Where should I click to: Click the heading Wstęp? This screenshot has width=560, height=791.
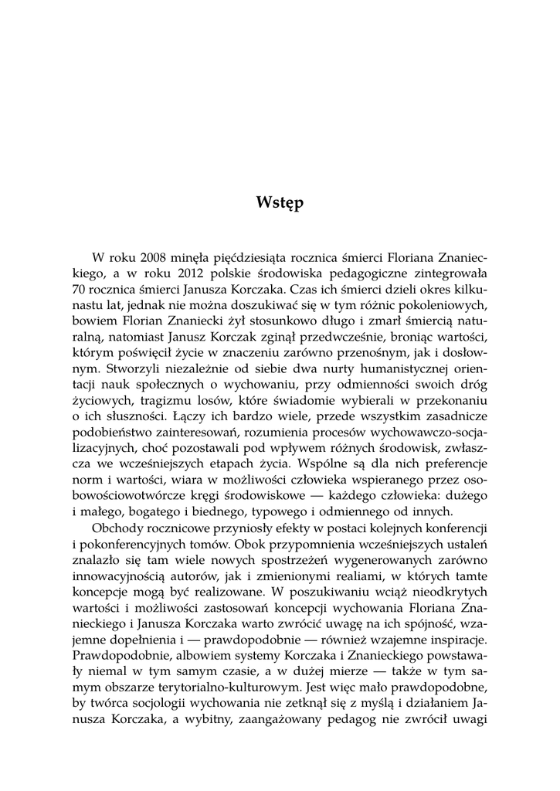point(280,204)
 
